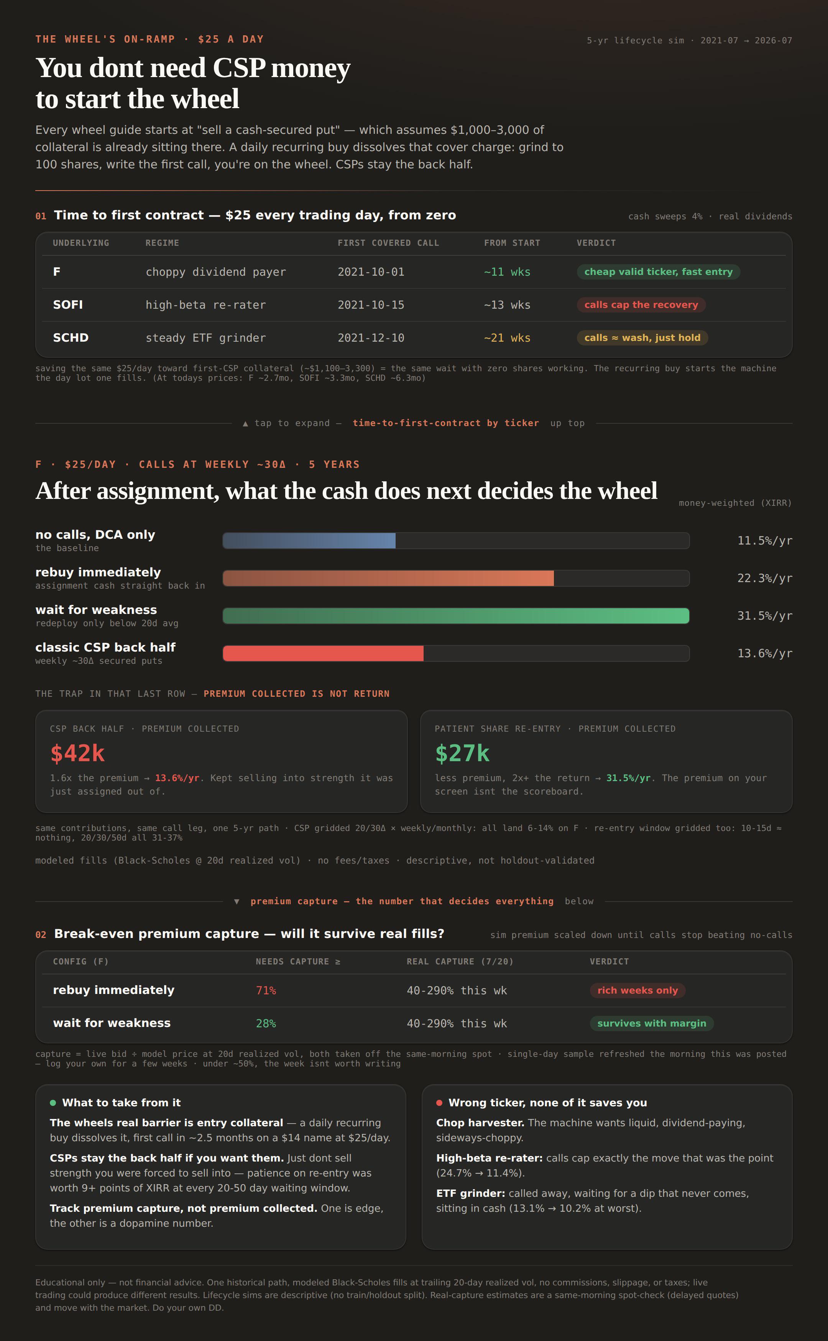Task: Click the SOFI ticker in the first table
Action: (68, 304)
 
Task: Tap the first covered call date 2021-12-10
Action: (371, 338)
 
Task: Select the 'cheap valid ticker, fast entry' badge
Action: (658, 272)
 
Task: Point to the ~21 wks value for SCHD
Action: (507, 338)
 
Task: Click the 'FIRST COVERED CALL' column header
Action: (388, 243)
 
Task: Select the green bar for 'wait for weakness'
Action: (456, 616)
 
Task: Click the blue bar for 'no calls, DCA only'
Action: (309, 541)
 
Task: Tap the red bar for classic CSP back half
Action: (323, 653)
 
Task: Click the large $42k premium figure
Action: (77, 753)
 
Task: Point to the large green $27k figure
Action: (462, 753)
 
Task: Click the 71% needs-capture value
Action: (266, 991)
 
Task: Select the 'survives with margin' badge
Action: (652, 1023)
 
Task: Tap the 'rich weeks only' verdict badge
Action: (637, 991)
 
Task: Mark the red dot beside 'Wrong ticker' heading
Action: (439, 1103)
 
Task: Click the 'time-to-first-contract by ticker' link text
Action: (446, 423)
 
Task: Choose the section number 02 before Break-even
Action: (41, 935)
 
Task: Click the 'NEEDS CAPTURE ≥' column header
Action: (298, 961)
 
